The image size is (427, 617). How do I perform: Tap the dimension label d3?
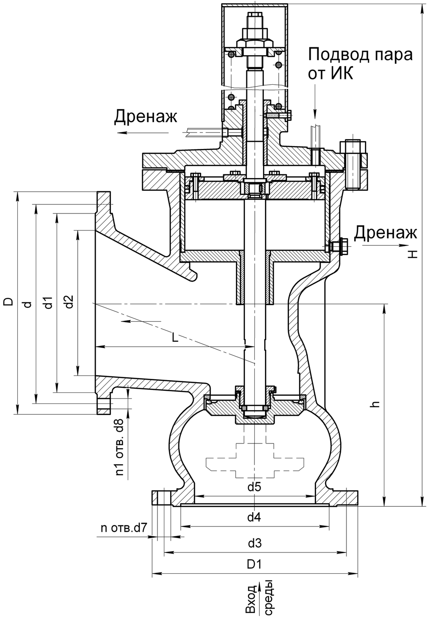(255, 543)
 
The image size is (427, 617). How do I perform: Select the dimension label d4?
(255, 517)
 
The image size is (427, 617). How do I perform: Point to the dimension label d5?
(255, 488)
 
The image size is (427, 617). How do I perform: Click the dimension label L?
(175, 338)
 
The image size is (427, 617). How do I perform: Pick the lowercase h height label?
(374, 404)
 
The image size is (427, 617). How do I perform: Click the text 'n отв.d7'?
(124, 528)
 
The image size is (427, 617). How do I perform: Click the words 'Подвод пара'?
(360, 55)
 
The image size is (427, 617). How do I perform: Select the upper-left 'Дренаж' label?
(145, 117)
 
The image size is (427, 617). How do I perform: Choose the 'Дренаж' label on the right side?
(385, 232)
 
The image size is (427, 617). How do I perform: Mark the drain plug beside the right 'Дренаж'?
(339, 246)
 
